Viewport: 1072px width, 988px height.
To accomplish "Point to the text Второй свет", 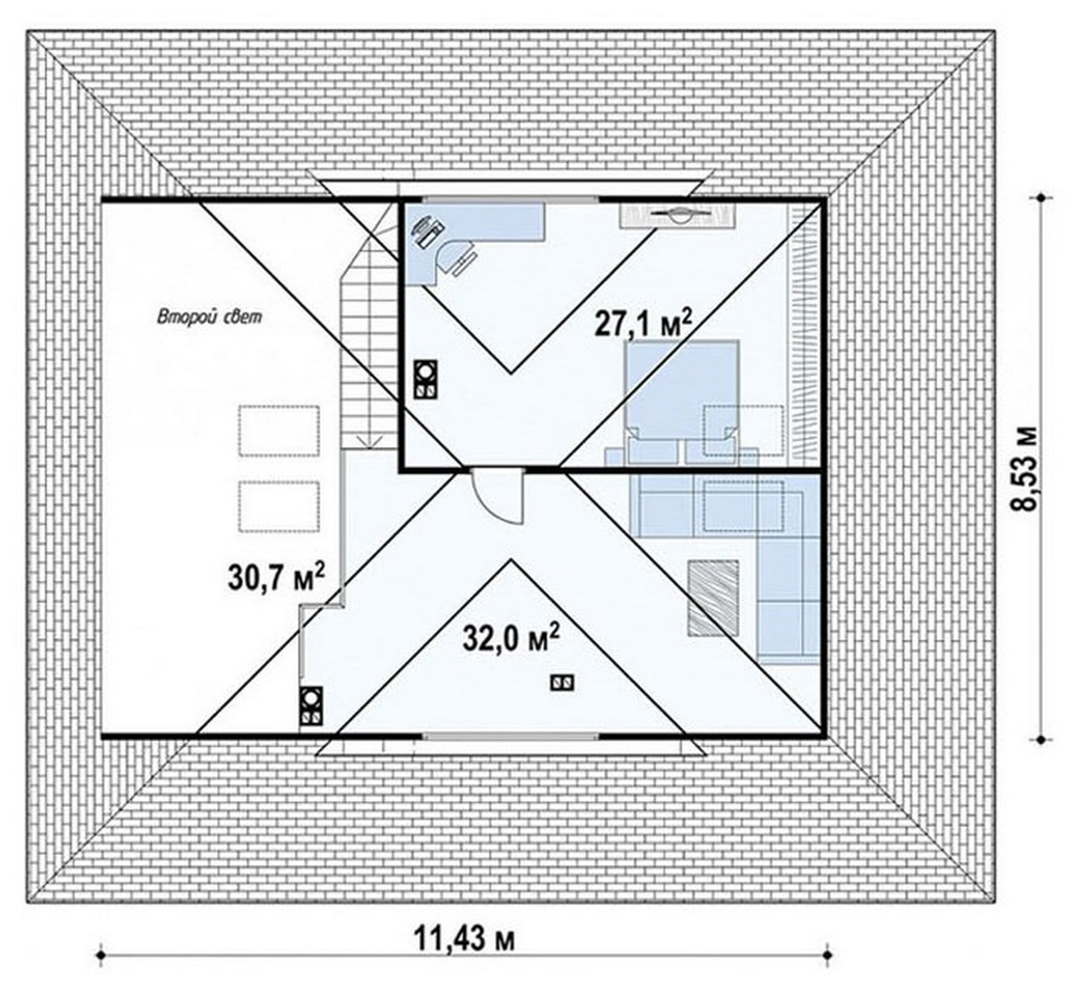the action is (x=209, y=317).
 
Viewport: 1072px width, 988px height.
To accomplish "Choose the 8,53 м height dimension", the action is (x=1025, y=468).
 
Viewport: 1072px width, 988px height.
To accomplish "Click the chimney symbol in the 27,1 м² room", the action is (x=425, y=379).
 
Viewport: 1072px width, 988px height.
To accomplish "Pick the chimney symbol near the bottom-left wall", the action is (x=311, y=706).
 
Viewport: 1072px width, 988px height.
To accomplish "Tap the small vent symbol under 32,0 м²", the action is (x=562, y=682).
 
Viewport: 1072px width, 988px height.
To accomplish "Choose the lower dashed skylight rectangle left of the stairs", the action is (x=279, y=507).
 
